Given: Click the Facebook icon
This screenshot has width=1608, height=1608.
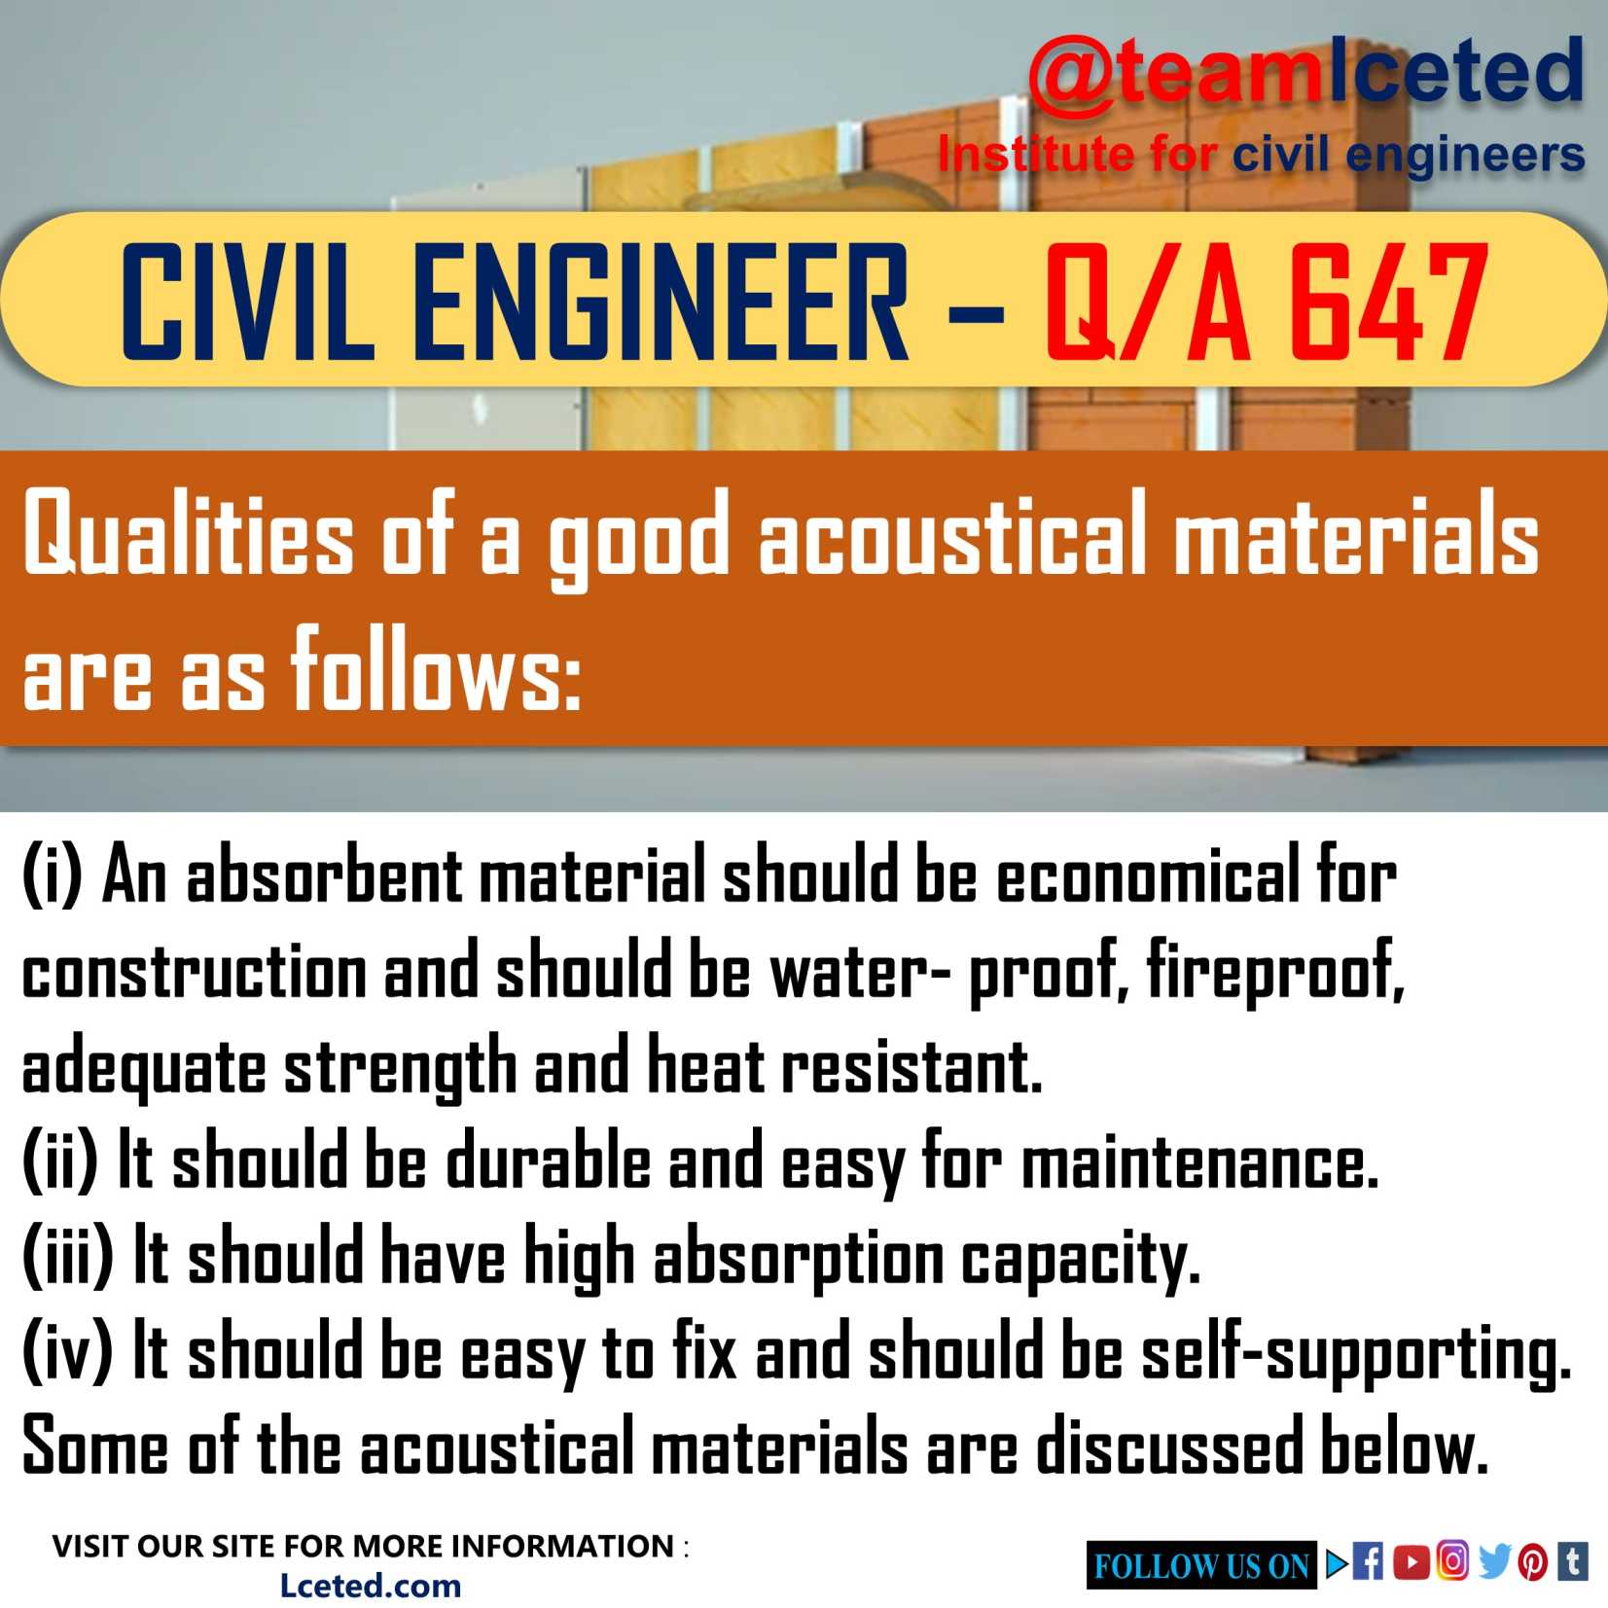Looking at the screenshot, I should point(1369,1563).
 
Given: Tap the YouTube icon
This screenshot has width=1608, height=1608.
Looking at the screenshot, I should point(1411,1563).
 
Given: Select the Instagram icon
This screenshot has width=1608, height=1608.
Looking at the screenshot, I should point(1452,1561).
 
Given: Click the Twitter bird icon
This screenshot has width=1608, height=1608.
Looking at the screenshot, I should point(1493,1562).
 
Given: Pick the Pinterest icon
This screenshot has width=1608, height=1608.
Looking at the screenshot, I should point(1533,1563).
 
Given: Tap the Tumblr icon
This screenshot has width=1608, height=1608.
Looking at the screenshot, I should point(1573,1562).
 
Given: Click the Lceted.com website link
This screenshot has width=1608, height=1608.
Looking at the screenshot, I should point(370,1587).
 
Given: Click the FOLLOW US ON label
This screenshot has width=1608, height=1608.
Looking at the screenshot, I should point(1201,1566).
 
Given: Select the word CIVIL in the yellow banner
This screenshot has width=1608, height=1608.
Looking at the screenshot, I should point(247,303).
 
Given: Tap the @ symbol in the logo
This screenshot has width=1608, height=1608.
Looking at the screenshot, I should point(1070,76).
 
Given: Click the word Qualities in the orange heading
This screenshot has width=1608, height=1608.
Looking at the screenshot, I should point(188,538).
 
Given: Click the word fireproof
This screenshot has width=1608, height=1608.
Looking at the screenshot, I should point(1274,971).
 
